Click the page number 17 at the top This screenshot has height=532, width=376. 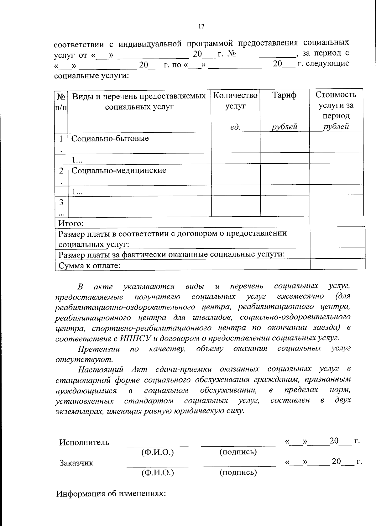coord(201,27)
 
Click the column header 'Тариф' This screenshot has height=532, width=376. coord(284,95)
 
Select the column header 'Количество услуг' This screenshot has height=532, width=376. coord(236,100)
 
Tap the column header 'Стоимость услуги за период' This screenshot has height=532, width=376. coord(336,105)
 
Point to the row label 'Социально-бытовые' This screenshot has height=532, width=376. coord(110,139)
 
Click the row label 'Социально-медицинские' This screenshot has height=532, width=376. coord(119,171)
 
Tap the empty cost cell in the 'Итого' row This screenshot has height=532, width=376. coord(337,222)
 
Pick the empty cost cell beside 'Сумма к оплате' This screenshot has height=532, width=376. coord(337,264)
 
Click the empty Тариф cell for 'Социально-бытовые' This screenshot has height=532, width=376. coord(285,142)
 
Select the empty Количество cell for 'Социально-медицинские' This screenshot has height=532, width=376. coord(236,175)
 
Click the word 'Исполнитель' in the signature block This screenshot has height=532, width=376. coord(84,442)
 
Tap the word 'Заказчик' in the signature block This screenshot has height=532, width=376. coord(76,463)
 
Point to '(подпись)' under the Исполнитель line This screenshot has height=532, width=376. coord(238,452)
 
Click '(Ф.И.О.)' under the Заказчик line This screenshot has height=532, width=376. coord(158,472)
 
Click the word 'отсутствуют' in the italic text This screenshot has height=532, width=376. coord(83,359)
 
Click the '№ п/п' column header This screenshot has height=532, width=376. coord(61,101)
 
